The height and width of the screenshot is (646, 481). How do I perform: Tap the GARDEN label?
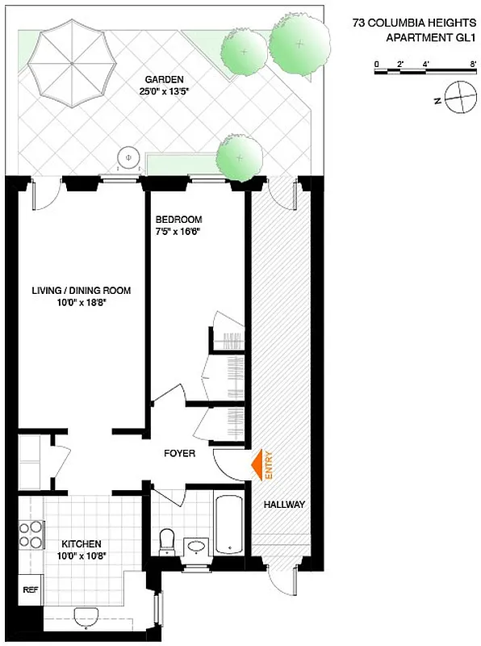pos(165,79)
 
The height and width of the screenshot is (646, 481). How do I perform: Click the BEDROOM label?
pos(178,220)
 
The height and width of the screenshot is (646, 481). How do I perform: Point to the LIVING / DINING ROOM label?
pos(81,291)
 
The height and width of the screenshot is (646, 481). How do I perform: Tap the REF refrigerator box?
pos(31,589)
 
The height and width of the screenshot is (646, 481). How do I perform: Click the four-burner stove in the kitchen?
pos(31,535)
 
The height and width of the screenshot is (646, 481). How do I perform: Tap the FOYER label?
pos(179,454)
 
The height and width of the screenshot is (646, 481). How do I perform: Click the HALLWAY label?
pos(284,505)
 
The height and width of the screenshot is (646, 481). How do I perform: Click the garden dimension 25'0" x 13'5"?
pos(165,90)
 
